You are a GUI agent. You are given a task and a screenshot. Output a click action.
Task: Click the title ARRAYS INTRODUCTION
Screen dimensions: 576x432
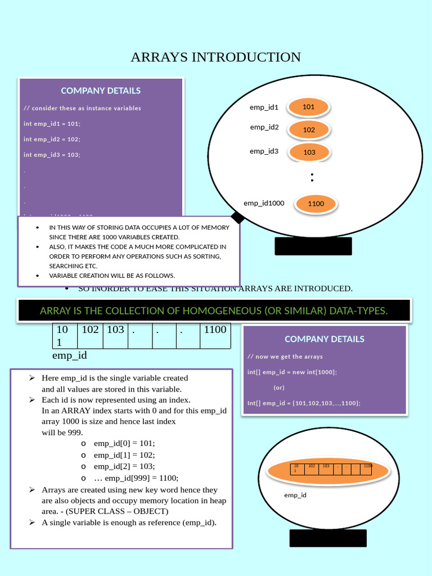(215, 57)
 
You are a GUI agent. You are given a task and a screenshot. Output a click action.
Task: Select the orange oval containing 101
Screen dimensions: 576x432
(308, 107)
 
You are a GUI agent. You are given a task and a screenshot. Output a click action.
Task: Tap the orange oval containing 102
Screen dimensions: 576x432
(309, 130)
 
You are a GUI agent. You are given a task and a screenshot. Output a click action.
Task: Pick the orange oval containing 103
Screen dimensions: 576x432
(309, 152)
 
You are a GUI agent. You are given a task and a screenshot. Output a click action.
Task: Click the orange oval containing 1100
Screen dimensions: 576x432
(316, 204)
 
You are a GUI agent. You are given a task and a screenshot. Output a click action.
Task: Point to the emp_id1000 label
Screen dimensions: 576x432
(264, 203)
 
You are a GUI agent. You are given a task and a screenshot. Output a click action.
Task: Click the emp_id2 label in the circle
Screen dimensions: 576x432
(264, 127)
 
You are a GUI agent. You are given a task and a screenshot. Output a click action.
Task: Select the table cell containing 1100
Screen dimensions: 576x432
(215, 330)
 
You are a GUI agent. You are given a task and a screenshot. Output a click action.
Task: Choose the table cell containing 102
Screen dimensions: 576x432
(90, 330)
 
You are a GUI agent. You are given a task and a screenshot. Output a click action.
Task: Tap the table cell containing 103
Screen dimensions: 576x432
(115, 330)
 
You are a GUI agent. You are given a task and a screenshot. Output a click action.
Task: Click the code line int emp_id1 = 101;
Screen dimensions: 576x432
(52, 123)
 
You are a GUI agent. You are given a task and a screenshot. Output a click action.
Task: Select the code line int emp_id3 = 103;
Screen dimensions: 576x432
(52, 154)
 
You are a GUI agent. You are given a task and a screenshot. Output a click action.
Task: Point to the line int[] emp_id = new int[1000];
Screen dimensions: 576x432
(292, 372)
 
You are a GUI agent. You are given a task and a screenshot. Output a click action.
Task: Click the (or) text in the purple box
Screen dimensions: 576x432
(279, 388)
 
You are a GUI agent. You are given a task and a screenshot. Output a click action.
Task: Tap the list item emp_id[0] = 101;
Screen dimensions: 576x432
(124, 443)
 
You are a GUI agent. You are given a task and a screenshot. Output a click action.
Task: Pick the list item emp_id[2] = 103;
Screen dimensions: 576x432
(124, 466)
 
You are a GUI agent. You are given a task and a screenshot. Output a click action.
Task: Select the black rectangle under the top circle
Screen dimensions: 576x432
(313, 246)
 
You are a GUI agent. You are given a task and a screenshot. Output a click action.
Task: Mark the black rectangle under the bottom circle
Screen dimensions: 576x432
(328, 538)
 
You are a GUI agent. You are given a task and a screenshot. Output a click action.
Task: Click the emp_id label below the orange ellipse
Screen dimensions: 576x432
(295, 495)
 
